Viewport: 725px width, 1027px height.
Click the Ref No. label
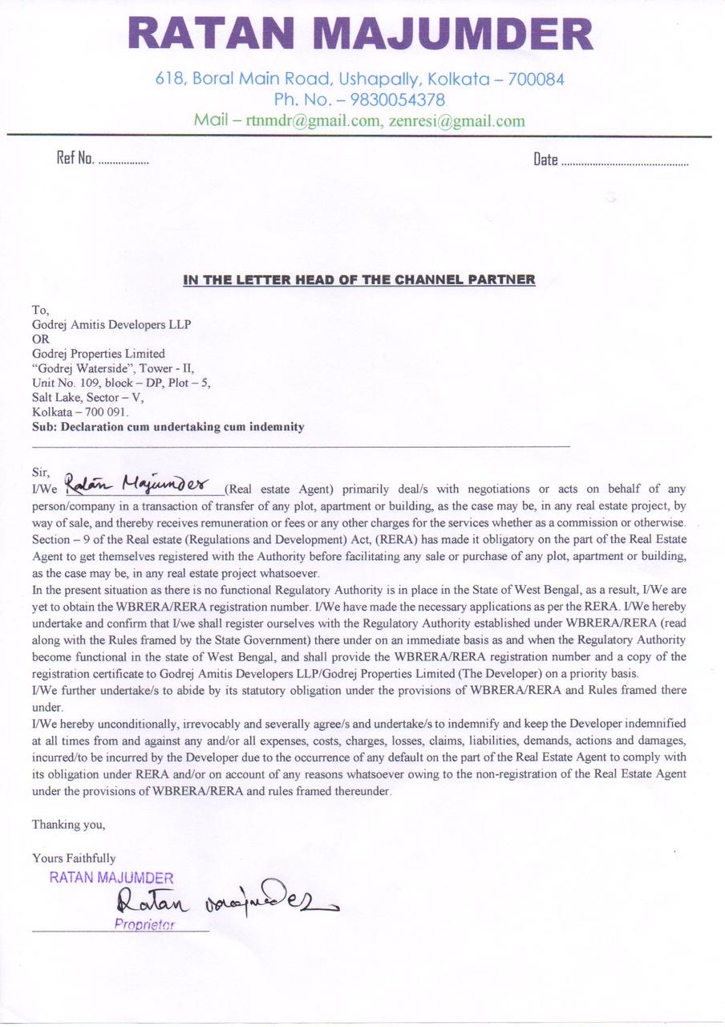point(75,159)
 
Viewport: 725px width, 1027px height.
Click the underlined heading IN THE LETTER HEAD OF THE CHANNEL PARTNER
point(359,279)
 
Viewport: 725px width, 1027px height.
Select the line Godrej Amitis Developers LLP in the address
point(111,324)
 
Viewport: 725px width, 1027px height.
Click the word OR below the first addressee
point(40,339)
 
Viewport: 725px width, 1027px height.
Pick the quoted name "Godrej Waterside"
point(79,368)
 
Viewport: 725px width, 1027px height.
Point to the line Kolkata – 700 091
point(79,412)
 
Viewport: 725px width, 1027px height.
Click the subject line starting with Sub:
point(168,427)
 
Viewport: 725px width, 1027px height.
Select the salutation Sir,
point(40,472)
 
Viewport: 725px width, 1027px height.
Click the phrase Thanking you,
point(68,824)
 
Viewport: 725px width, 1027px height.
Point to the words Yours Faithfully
point(74,858)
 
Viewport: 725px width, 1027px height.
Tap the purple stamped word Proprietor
point(144,924)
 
